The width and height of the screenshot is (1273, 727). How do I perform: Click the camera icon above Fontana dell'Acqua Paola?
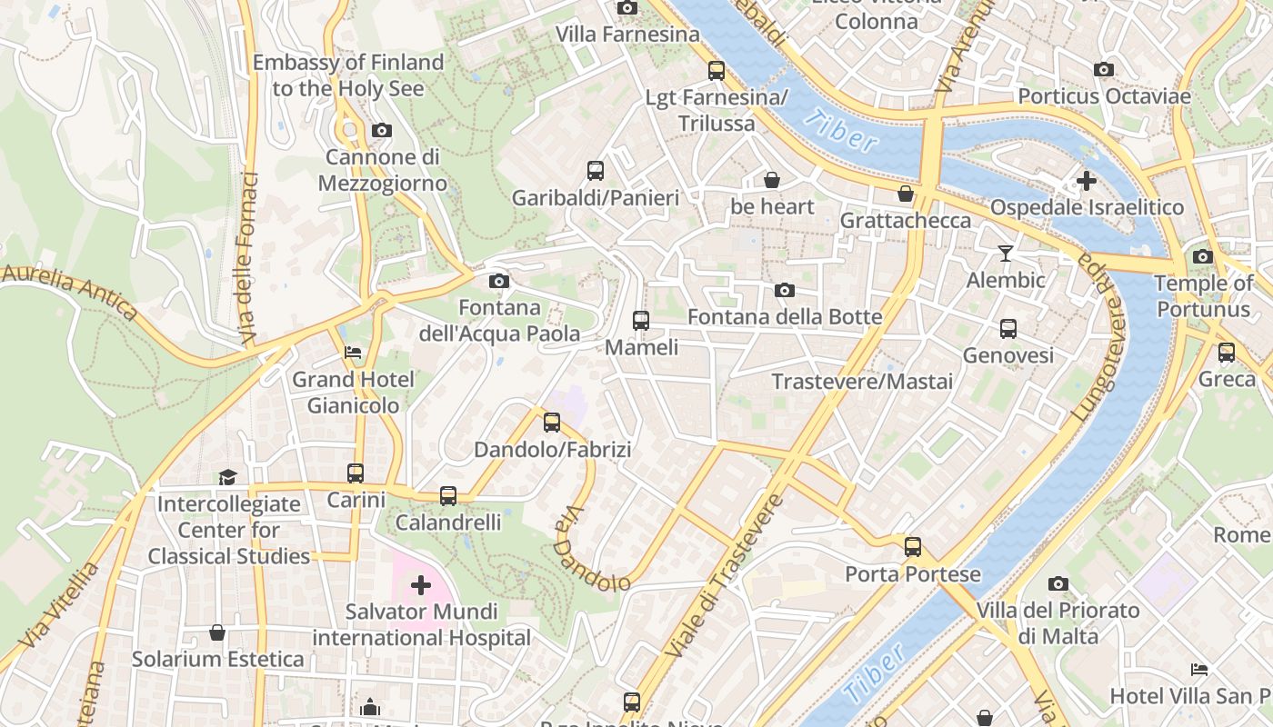pyautogui.click(x=498, y=281)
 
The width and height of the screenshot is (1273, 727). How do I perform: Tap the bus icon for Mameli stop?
pyautogui.click(x=641, y=320)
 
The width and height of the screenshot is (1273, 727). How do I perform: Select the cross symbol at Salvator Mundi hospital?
pyautogui.click(x=421, y=584)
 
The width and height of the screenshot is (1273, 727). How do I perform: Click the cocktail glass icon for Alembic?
pyautogui.click(x=1006, y=253)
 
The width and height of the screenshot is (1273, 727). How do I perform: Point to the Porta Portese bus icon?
pyautogui.click(x=913, y=547)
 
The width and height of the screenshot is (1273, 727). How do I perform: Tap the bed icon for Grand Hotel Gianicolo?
pyautogui.click(x=353, y=352)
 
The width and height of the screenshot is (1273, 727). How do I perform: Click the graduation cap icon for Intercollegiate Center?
pyautogui.click(x=227, y=477)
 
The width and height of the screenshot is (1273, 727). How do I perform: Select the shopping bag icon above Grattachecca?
pyautogui.click(x=906, y=193)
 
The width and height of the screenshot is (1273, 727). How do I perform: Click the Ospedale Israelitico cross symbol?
pyautogui.click(x=1086, y=181)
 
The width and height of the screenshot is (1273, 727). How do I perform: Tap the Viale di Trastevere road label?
pyautogui.click(x=724, y=578)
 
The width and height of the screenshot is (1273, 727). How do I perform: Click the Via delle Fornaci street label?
pyautogui.click(x=247, y=259)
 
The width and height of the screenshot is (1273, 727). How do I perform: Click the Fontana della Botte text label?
pyautogui.click(x=785, y=316)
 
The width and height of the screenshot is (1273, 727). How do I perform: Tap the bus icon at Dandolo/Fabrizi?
pyautogui.click(x=552, y=422)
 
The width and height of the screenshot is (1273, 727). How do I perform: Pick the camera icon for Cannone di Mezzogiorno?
pyautogui.click(x=382, y=130)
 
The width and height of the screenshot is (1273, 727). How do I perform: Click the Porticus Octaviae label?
pyautogui.click(x=1104, y=96)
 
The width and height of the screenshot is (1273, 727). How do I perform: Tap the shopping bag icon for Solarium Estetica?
pyautogui.click(x=217, y=632)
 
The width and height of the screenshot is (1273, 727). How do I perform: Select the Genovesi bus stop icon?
pyautogui.click(x=1007, y=329)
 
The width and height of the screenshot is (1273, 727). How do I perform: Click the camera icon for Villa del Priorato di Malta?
pyautogui.click(x=1057, y=583)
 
